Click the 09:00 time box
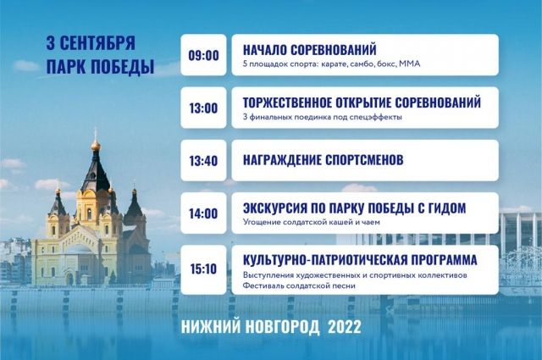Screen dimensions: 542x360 203,55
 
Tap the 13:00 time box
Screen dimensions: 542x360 203,108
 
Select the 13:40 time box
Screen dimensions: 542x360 203,160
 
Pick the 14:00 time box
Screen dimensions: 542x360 203,213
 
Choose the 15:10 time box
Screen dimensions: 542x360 203,269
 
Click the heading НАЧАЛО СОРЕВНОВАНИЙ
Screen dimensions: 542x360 310,50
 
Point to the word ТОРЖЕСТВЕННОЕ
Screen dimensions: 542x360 295,102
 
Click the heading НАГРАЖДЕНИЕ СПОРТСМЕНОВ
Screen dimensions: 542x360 324,160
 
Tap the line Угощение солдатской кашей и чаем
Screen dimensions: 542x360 311,222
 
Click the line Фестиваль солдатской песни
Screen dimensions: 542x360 299,286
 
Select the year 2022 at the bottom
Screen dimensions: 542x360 345,327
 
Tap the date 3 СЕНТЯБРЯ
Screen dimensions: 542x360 91,43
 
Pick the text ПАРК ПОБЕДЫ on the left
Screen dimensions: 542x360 100,66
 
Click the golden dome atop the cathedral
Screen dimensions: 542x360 96,145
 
